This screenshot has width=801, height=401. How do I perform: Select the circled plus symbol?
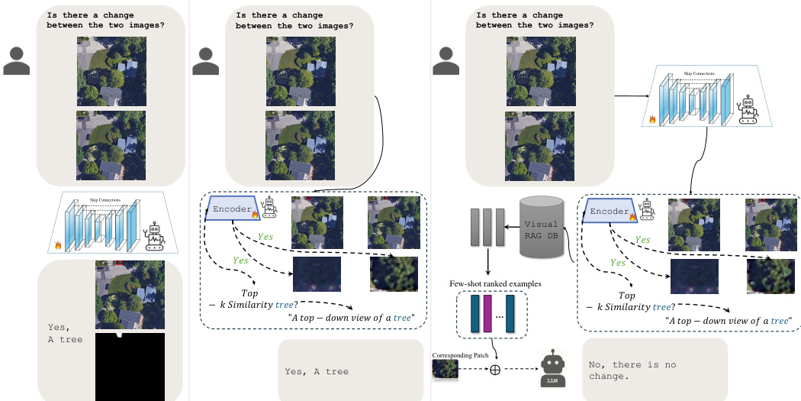pos(494,370)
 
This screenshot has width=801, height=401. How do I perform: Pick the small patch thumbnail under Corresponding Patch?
pos(445,370)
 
